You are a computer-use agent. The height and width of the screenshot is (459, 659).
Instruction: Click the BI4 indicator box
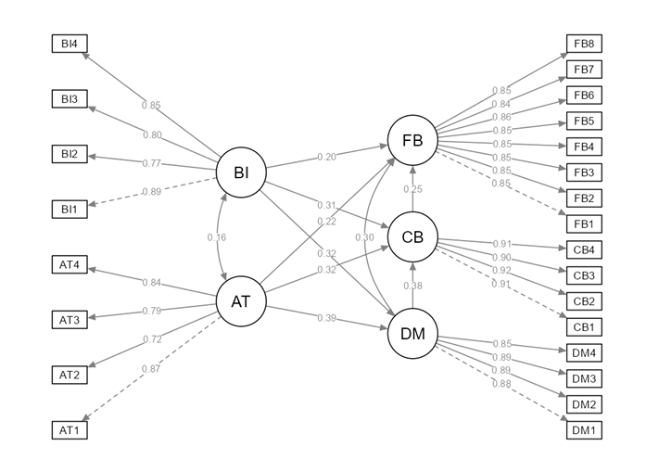coord(70,44)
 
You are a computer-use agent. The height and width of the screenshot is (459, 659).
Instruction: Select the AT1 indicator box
coord(70,430)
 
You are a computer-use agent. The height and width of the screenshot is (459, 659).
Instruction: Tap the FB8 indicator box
coord(584,44)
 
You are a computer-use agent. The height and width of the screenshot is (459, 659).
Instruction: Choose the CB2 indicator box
coord(584,301)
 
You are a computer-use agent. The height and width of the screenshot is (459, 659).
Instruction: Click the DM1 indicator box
coord(584,430)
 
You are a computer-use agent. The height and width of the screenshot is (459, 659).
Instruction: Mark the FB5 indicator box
coord(584,121)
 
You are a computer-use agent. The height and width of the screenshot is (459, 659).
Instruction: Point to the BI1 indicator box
coord(70,210)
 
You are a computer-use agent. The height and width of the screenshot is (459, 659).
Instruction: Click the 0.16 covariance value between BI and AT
coord(217,237)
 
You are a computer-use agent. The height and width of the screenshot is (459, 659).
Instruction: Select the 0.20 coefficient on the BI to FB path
coord(327,157)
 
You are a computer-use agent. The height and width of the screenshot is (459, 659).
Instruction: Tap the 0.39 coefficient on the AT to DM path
coord(327,318)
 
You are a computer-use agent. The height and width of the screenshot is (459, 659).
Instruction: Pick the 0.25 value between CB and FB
coord(412,189)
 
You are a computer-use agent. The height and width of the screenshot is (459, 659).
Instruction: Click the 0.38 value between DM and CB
coord(412,286)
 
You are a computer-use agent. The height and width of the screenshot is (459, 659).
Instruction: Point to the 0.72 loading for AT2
coord(152,339)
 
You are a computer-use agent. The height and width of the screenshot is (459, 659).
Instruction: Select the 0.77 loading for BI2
coord(152,163)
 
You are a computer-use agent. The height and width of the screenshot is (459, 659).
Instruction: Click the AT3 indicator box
coord(70,320)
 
